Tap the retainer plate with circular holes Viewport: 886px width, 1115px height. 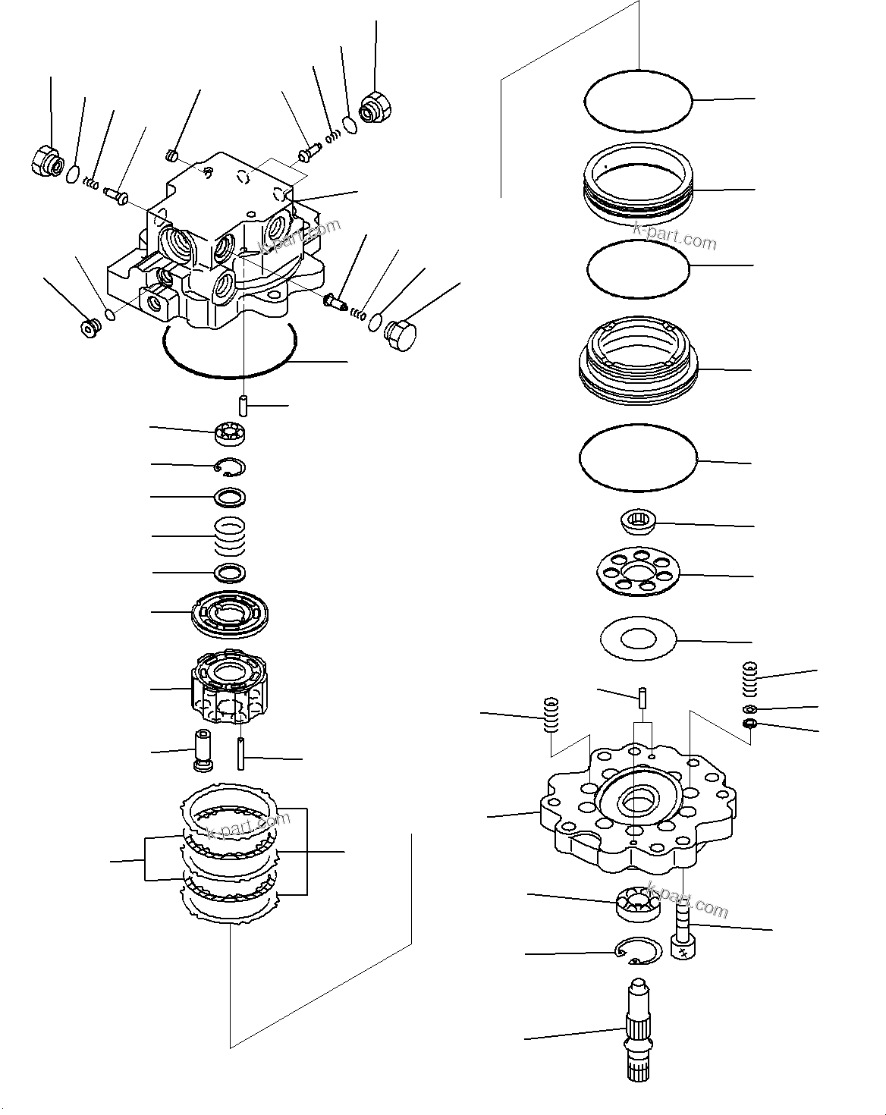(637, 573)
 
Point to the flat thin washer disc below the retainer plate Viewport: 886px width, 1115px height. (637, 639)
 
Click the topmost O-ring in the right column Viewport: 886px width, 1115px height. (638, 99)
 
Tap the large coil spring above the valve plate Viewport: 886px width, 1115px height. (231, 536)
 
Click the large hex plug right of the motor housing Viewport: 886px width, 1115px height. (401, 334)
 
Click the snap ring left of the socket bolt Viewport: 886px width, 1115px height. (636, 950)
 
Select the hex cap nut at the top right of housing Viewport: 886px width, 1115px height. (374, 106)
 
